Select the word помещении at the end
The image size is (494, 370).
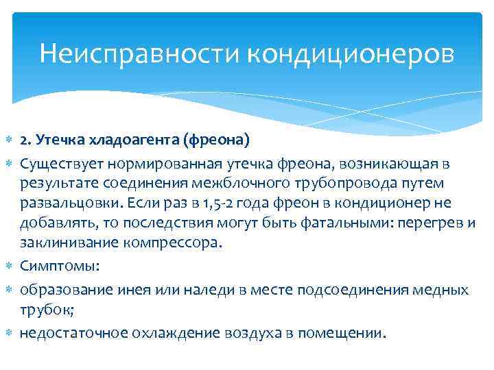(346, 334)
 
